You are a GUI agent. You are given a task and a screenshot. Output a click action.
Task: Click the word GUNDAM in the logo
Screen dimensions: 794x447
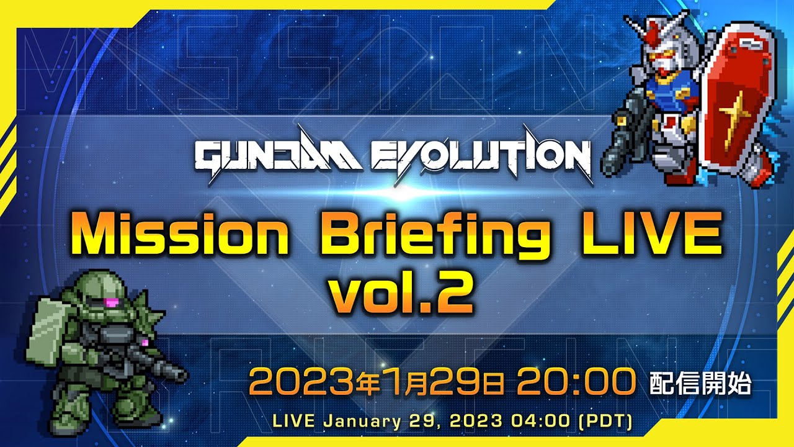coord(279,156)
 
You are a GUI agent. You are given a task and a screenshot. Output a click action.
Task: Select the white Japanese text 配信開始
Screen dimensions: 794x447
coord(700,383)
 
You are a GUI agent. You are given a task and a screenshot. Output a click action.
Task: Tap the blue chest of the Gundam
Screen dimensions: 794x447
coord(668,91)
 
